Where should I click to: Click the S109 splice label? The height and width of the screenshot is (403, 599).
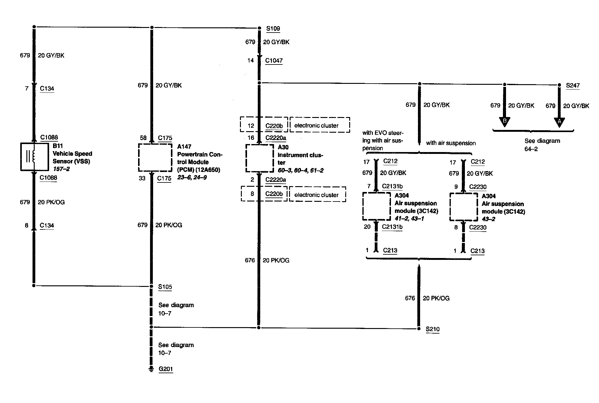point(273,29)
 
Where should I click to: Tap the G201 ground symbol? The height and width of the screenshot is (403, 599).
point(151,369)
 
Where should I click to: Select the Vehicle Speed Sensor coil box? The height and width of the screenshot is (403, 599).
point(34,157)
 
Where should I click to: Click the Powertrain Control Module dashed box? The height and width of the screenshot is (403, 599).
point(155,158)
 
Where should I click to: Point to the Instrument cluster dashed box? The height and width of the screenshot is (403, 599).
point(259,158)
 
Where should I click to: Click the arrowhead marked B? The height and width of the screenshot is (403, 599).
point(504,121)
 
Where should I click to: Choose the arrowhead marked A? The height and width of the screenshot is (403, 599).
point(559,121)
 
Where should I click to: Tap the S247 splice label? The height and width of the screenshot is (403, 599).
point(573,85)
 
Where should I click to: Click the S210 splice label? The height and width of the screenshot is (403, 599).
point(432,329)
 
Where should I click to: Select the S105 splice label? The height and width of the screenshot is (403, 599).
point(165,287)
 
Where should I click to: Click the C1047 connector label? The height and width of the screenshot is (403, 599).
point(274,61)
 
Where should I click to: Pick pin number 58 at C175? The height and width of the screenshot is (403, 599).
point(143,138)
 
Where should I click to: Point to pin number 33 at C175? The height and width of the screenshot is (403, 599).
point(142,178)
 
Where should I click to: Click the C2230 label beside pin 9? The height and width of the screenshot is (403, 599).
point(477,187)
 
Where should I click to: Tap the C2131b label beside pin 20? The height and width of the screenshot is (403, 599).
point(392,227)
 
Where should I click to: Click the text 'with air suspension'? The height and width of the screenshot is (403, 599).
point(451,143)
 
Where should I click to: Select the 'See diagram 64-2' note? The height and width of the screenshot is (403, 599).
point(542,145)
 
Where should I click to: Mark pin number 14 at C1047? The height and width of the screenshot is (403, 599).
point(250,61)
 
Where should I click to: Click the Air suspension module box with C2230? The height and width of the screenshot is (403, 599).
point(463,207)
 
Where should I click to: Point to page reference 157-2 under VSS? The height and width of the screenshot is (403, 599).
point(61,169)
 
